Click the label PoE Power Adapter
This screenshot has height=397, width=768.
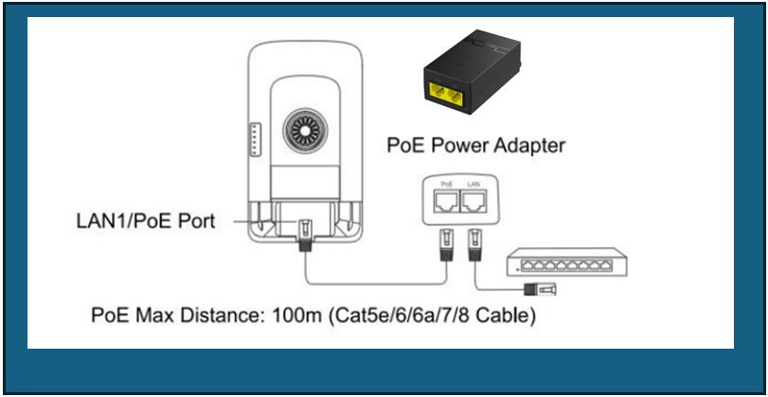476,146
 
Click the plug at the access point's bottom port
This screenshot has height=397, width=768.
306,232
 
